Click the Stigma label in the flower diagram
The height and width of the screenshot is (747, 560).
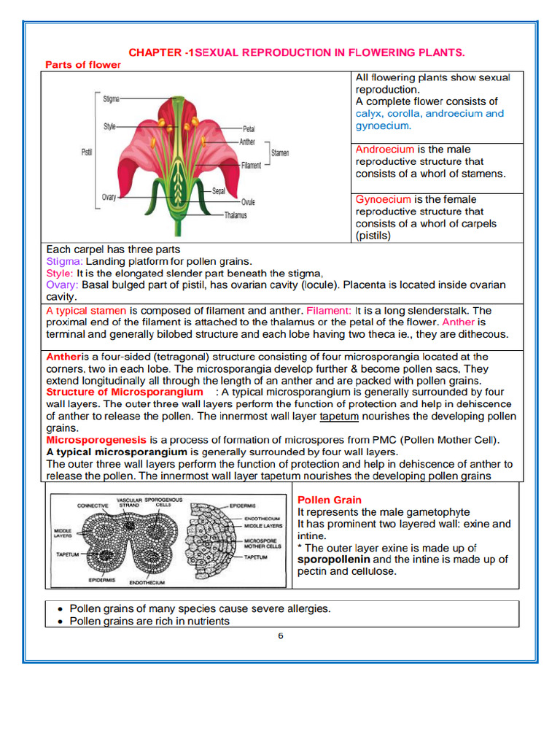[112, 98]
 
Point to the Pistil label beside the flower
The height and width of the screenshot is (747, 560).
[86, 152]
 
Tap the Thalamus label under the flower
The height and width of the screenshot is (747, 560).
[235, 215]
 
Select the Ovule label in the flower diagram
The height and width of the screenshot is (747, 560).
[248, 201]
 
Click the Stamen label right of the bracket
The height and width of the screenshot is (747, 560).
[280, 153]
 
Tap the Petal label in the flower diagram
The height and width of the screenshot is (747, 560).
[249, 129]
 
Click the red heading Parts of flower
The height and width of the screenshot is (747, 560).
[83, 64]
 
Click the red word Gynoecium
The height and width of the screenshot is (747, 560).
[384, 199]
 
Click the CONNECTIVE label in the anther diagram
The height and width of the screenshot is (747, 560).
[93, 506]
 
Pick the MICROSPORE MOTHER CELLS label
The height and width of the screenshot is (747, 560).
[262, 543]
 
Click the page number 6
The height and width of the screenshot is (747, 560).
[280, 635]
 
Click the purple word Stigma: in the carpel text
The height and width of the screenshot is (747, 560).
[65, 261]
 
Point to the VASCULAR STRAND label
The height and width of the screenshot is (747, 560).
[129, 503]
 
